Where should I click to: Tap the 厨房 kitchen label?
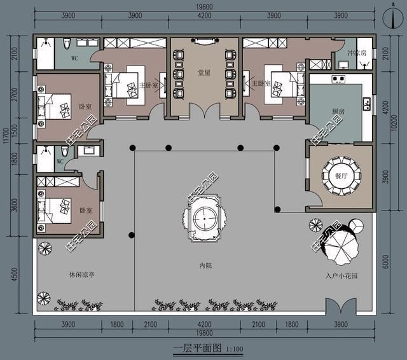coord(338,111)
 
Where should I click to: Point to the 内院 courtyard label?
coord(203,265)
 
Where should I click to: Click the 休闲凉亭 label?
coord(82,275)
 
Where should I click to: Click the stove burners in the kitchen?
coord(338,80)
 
